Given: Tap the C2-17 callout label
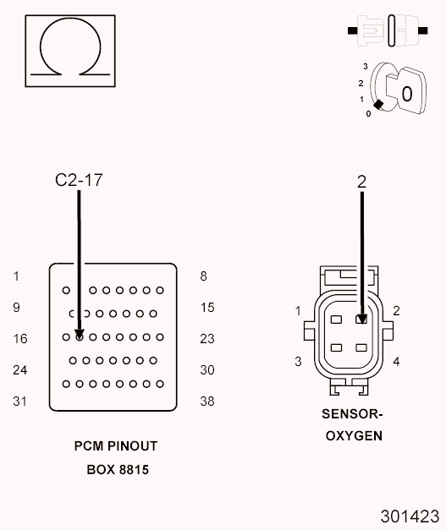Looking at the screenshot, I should point(79,179).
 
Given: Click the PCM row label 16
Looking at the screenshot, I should point(20,339).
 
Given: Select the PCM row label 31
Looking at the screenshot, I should point(20,402).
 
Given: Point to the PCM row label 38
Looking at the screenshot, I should point(206,402).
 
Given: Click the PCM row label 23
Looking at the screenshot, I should point(206,339).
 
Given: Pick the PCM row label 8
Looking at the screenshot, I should point(203,276).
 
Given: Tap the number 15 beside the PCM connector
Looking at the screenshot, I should point(206,308).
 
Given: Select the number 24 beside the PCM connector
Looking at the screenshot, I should point(20,370).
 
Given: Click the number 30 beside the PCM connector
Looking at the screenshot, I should point(206,370).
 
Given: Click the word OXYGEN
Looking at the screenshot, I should point(354,436).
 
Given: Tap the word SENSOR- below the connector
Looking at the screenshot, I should point(354,415).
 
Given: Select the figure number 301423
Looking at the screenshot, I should point(410,515).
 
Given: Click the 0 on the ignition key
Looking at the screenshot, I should point(407,93).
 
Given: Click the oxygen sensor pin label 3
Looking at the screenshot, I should point(298,362).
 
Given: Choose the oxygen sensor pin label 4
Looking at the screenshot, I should point(396,362).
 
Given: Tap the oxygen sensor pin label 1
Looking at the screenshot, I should point(298,311).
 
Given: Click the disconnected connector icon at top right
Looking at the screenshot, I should point(388,30).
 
